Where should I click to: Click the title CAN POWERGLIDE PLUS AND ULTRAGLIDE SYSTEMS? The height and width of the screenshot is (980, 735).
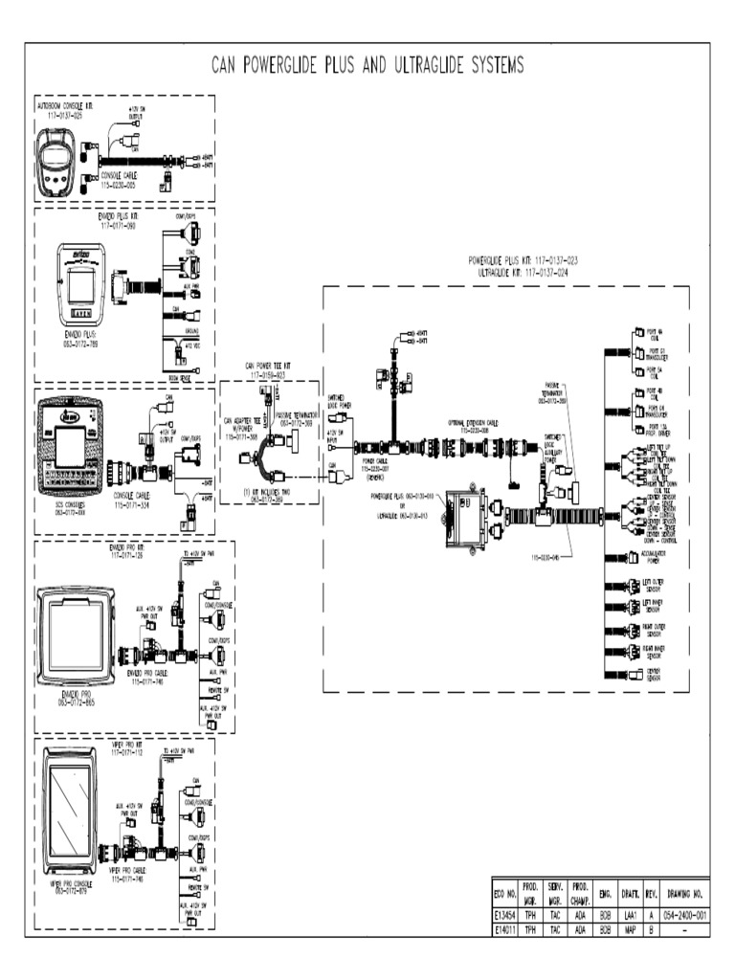367,65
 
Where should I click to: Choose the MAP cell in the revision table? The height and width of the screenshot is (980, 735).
631,928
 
